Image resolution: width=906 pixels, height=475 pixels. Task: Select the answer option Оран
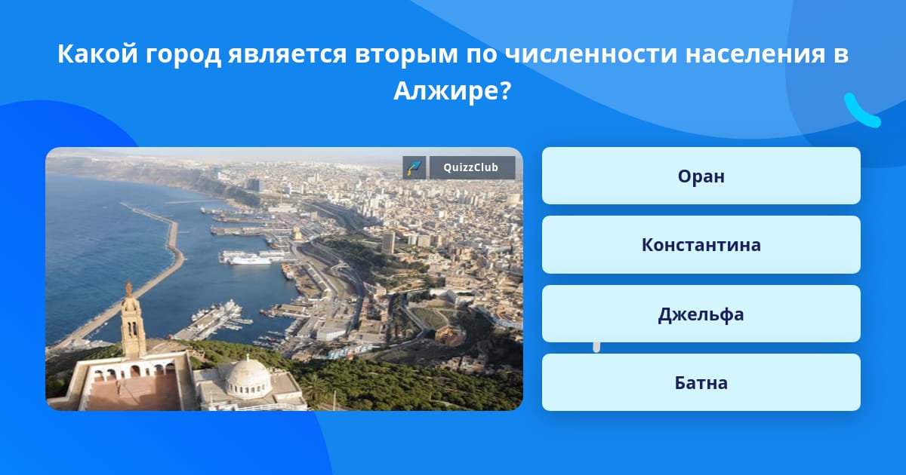pos(701,176)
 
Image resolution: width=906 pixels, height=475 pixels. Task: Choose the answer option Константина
pos(701,245)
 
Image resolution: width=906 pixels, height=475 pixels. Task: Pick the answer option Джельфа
pos(701,314)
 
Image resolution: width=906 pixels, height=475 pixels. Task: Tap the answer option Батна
pos(701,382)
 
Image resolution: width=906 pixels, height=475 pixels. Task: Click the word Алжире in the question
pos(447,91)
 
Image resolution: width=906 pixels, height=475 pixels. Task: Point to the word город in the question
pos(183,54)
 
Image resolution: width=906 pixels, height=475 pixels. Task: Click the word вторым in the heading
pos(406,54)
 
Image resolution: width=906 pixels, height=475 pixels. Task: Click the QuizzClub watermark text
pos(471,167)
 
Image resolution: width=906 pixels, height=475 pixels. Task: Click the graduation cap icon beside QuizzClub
pos(414,167)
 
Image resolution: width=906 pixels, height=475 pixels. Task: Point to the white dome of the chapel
pos(248,375)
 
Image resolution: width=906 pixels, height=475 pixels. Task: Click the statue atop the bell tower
pos(128,290)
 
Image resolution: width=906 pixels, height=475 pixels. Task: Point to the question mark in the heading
pos(506,91)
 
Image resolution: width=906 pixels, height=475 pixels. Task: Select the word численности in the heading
pos(591,54)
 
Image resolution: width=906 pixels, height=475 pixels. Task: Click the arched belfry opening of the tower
pos(132,329)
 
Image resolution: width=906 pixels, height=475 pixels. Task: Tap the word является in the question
pos(287,54)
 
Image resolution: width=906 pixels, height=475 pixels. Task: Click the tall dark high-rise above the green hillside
pos(388,242)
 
